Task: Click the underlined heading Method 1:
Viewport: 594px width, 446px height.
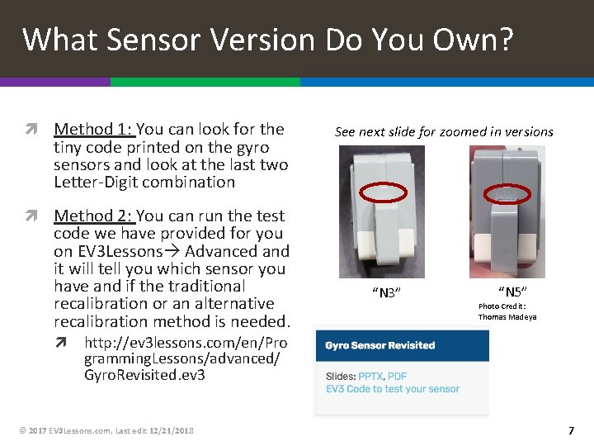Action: click(95, 130)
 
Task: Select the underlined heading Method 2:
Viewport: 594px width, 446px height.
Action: click(95, 216)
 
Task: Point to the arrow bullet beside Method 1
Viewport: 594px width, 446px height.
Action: click(31, 129)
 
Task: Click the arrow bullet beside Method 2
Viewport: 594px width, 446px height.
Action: click(31, 216)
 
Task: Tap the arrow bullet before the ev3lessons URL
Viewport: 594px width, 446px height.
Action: click(61, 343)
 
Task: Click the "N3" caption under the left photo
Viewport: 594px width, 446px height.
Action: click(386, 292)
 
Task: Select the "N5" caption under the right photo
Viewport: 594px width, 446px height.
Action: click(512, 292)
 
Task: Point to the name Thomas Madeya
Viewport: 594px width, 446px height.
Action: click(507, 317)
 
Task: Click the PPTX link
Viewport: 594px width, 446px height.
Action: click(370, 377)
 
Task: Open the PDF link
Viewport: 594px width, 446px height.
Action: click(397, 377)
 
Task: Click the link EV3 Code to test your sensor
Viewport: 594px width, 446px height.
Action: click(393, 389)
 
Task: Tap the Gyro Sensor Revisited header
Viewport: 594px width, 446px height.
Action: click(380, 345)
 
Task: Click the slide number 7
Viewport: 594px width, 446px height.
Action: click(571, 430)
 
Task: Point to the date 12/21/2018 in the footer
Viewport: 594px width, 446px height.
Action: click(172, 431)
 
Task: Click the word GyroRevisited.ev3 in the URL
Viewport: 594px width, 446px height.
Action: click(144, 375)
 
